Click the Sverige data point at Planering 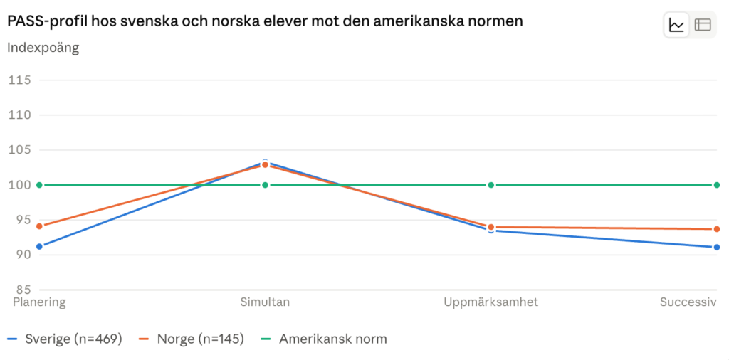coord(40,246)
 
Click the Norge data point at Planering coord(40,226)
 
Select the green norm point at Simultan coord(265,185)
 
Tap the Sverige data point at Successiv coord(716,247)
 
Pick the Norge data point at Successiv coord(716,229)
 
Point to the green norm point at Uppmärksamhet coord(491,185)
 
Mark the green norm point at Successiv coord(716,185)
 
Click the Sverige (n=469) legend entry coord(65,339)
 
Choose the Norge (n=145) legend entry coord(192,339)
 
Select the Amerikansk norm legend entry coord(324,339)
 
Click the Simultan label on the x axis coord(265,302)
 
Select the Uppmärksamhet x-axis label coord(491,302)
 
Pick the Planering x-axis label coord(40,302)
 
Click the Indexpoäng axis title coord(43,48)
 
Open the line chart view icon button coord(676,25)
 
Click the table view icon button coord(703,25)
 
